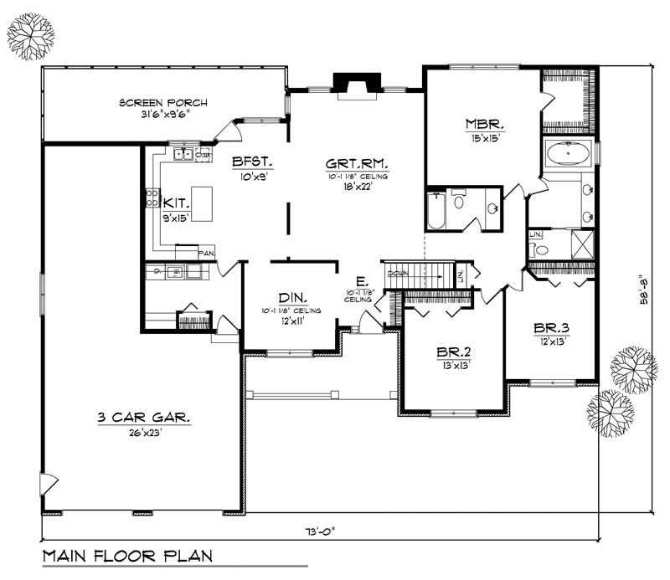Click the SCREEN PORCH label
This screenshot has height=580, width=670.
(x=162, y=103)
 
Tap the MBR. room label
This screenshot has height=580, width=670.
(x=483, y=125)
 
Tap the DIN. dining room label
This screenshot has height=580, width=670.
(x=293, y=297)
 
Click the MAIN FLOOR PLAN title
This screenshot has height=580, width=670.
(x=127, y=555)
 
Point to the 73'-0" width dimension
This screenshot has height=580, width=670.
(x=321, y=531)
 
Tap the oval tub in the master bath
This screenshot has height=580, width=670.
(x=569, y=155)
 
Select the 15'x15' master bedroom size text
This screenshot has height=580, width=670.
(x=483, y=139)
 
